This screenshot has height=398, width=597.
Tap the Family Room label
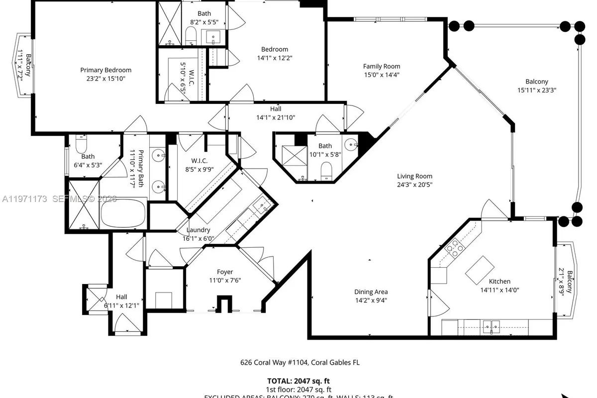tap(381, 66)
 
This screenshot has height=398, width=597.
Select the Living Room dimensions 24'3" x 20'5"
tap(414, 185)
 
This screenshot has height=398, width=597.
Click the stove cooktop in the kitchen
tap(455, 248)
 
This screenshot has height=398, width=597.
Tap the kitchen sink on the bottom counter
tap(492, 327)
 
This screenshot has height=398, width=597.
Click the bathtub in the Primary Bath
tap(123, 214)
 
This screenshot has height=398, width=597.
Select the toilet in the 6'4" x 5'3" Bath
tap(82, 145)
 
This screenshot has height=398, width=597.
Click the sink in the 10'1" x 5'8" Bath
tap(352, 145)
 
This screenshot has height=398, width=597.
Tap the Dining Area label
tap(371, 292)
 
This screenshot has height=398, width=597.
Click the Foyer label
tap(224, 272)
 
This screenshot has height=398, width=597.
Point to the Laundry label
tap(198, 230)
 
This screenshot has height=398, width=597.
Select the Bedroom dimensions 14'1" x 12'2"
tap(275, 58)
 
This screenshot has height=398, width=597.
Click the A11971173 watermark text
tap(25, 199)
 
